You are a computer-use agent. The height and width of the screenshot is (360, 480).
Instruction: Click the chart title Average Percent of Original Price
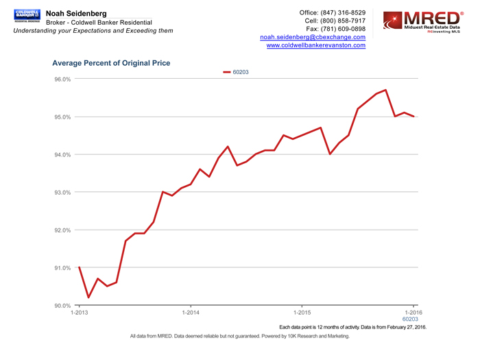point(111,63)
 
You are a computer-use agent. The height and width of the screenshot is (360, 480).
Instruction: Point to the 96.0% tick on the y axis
point(62,80)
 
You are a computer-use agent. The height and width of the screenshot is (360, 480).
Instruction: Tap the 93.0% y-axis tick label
point(62,193)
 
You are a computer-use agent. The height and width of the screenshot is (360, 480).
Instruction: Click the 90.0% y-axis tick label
point(62,305)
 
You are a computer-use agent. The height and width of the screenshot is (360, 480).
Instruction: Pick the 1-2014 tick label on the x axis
point(191,313)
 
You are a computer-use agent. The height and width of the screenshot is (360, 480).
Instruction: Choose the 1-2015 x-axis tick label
point(302,313)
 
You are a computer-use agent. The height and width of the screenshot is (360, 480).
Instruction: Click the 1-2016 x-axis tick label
point(413,313)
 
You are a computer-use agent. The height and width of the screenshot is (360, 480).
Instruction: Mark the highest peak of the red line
point(386,90)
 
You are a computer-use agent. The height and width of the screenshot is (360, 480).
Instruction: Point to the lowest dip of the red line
point(88,298)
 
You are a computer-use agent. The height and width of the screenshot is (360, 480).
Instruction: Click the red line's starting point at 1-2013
point(79,267)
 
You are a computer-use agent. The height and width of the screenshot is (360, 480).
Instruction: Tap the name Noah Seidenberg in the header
point(75,14)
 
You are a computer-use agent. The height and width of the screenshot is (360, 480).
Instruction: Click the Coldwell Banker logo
point(27,15)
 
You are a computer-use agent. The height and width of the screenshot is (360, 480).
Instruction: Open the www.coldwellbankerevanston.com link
point(315,45)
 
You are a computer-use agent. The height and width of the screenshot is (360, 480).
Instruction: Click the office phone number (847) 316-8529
point(343,12)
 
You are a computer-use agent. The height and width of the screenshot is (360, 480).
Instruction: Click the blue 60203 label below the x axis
point(410,320)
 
